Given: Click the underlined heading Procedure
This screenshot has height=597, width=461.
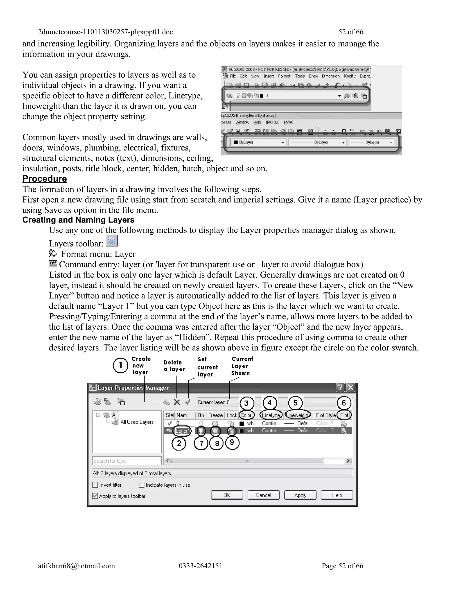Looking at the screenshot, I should [x=45, y=179].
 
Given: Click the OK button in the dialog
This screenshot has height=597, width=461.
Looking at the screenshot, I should [x=227, y=495].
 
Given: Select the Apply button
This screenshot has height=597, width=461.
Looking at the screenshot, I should [x=300, y=495].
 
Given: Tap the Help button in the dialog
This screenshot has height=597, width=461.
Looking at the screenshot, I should [x=337, y=495].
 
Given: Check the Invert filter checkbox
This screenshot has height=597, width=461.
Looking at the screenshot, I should [x=95, y=485].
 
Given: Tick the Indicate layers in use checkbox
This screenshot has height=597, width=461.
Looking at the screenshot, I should [x=141, y=485].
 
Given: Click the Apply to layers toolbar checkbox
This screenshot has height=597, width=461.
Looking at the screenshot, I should [x=95, y=496].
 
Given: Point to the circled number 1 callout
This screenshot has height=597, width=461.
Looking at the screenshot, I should [x=120, y=365].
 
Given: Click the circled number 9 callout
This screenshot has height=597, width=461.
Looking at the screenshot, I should [x=232, y=442].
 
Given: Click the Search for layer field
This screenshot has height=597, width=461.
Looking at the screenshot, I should [x=127, y=461].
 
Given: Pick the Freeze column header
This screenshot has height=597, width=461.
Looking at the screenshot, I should [x=215, y=415].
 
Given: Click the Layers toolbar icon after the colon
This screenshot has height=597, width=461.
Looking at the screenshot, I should [x=112, y=241].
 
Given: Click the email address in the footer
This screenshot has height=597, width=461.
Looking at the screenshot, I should [x=77, y=565].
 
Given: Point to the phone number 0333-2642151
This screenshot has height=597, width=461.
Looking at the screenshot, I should [x=201, y=565].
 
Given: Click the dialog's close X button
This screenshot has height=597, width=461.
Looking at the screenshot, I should [x=350, y=387].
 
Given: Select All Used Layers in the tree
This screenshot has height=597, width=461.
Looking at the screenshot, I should [x=137, y=422].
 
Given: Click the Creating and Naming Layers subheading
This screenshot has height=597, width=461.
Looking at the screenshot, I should [x=78, y=220].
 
